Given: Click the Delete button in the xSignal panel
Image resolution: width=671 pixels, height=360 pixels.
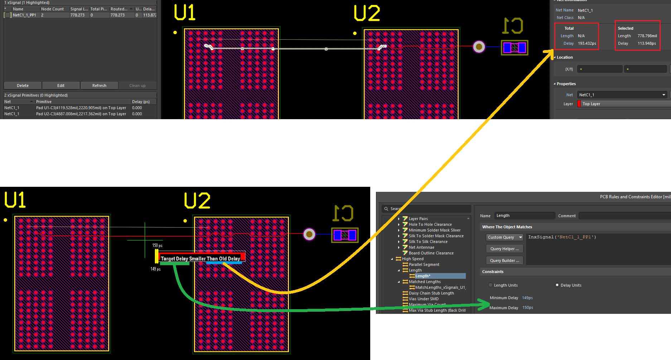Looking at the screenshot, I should [23, 86].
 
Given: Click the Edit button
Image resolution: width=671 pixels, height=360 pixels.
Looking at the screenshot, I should [61, 86].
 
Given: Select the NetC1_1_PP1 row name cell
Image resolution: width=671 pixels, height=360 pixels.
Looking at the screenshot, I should [24, 15].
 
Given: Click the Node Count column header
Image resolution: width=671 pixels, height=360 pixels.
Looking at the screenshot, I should [52, 9].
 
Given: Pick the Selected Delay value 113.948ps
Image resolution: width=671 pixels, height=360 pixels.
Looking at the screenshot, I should [646, 43].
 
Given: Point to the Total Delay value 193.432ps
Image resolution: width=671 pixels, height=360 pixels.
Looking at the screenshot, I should [587, 43].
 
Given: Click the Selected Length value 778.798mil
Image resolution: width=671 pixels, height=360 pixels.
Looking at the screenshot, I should [647, 36].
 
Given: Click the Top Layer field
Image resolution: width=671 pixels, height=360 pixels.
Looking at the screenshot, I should [625, 104].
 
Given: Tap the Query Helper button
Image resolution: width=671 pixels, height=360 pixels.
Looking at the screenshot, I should [505, 249].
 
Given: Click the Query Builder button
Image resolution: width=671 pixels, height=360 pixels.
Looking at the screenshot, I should [505, 261].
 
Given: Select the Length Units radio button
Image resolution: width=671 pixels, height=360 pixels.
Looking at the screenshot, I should [491, 285].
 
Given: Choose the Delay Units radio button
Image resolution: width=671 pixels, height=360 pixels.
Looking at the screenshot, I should [557, 285].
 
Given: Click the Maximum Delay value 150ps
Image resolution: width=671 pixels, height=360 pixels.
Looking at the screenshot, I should [527, 307].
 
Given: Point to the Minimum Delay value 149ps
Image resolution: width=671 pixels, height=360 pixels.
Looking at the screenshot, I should [527, 298].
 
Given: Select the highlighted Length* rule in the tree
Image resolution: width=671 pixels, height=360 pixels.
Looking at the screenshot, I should [423, 276].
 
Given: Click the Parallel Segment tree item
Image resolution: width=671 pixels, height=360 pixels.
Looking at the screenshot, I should [424, 264].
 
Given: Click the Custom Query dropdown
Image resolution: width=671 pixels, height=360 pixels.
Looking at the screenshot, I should [505, 237].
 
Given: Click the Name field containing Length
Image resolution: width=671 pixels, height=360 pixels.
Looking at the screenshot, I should [525, 215].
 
